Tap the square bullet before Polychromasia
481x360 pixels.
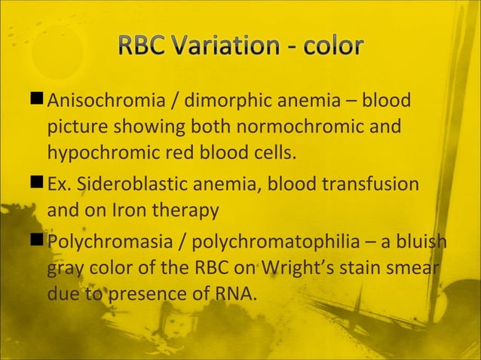coord(37,243)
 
